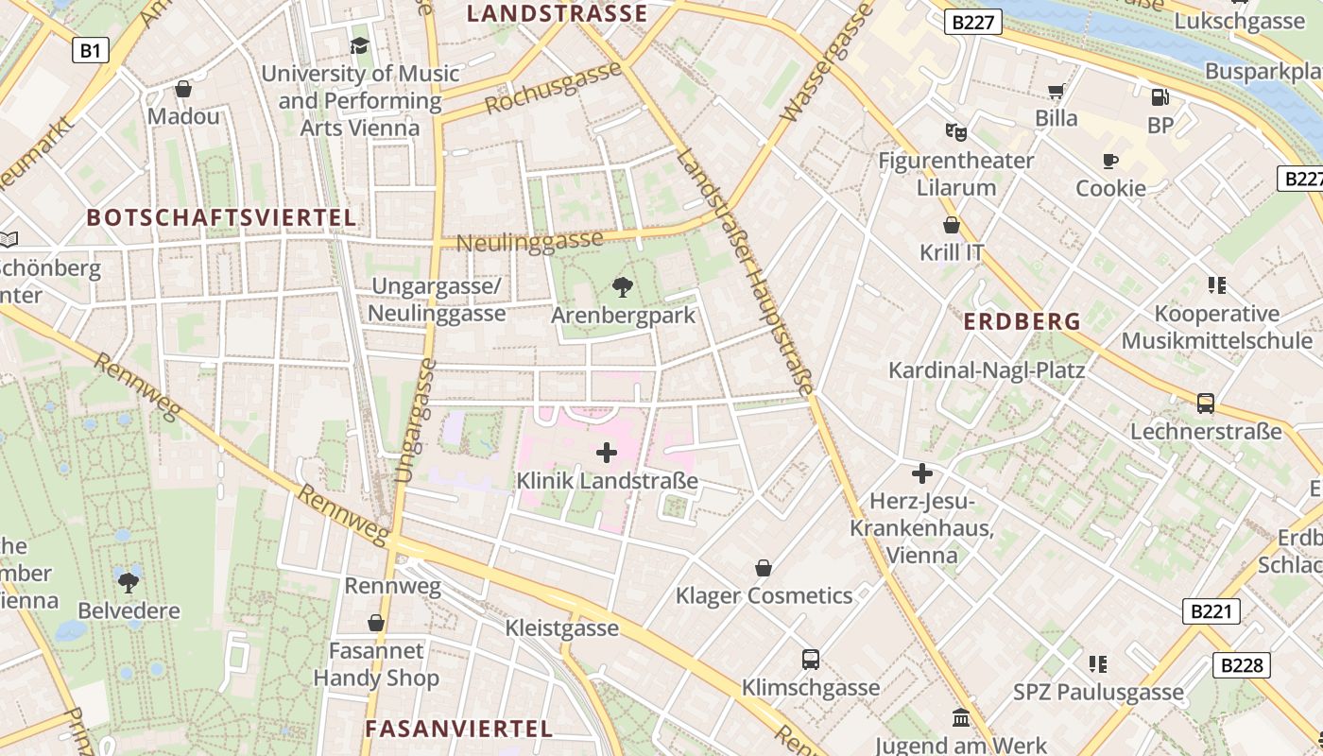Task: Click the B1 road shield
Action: [90, 50]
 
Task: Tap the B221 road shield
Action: [1211, 611]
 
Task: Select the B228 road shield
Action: [1241, 665]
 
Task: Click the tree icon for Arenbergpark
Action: [622, 286]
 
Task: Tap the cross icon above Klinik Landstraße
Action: [607, 453]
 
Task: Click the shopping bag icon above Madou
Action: [183, 89]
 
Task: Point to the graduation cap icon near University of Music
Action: [359, 45]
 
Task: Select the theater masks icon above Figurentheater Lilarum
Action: [955, 132]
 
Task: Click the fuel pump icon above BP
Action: [1160, 96]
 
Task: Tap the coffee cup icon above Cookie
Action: [1110, 161]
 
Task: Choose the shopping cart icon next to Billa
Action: [1056, 91]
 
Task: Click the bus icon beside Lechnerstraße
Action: [1206, 404]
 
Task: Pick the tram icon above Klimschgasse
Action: [810, 660]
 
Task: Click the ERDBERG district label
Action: [1022, 321]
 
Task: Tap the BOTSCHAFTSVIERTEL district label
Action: [221, 217]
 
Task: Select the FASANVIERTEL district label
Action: [458, 729]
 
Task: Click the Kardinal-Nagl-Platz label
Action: [986, 369]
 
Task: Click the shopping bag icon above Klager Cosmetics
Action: [764, 568]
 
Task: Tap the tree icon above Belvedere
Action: [129, 582]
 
